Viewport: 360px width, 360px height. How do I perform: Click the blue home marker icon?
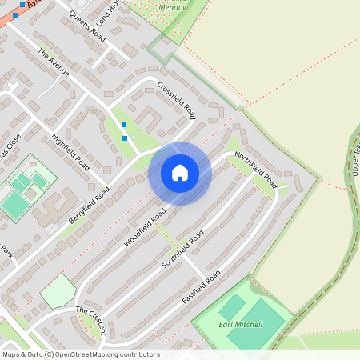(x=180, y=173)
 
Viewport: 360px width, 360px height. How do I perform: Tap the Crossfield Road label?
(x=176, y=100)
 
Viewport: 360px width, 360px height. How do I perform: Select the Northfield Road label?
(x=256, y=167)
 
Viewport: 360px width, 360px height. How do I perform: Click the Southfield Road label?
(x=182, y=250)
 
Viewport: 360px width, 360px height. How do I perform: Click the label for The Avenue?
(x=54, y=62)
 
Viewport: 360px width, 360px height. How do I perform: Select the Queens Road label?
(x=87, y=27)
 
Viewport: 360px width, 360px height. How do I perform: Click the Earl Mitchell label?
(x=241, y=324)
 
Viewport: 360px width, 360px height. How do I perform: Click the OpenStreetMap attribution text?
(x=80, y=354)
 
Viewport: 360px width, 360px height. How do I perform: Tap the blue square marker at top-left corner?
(x=15, y=14)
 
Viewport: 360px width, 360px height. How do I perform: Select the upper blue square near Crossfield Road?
(x=123, y=125)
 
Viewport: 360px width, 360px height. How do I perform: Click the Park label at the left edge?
(x=7, y=254)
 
